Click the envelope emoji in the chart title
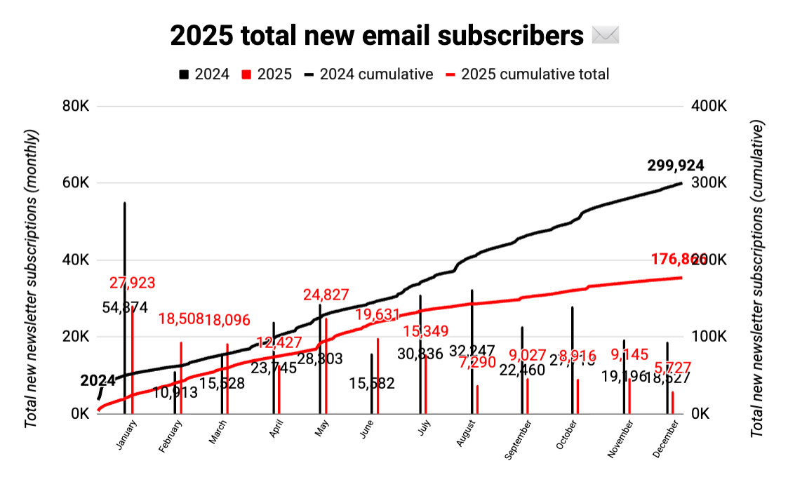605,35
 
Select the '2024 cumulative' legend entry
376,74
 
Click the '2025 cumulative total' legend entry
535,74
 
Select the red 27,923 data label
133,283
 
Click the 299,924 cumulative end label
676,166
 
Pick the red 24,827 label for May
326,295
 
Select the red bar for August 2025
477,399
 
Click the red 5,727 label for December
672,368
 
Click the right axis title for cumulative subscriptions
757,279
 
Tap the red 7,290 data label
477,363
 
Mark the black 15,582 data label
372,384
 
